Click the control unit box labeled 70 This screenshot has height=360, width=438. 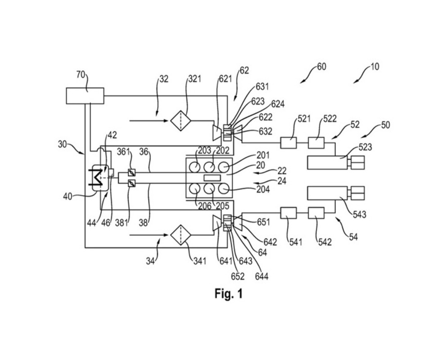[85, 95]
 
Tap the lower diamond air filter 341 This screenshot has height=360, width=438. [181, 234]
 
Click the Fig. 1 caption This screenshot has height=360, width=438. [228, 294]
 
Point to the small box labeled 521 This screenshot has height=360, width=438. [288, 143]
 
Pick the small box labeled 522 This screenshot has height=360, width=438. [316, 143]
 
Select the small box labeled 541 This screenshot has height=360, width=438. [288, 212]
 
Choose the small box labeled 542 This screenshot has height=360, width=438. [316, 212]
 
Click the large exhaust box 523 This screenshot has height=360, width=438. [327, 162]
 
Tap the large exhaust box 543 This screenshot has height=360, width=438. [327, 193]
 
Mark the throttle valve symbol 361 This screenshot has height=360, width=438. [132, 172]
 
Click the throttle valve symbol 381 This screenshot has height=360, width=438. [132, 183]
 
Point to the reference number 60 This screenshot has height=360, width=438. [321, 67]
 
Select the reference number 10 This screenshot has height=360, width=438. [375, 67]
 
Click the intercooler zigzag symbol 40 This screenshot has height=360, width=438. [96, 178]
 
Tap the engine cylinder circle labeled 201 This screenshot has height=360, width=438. [224, 167]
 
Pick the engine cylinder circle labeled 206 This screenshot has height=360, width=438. [195, 189]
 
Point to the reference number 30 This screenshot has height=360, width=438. [62, 144]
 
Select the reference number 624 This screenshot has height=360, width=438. [278, 104]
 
